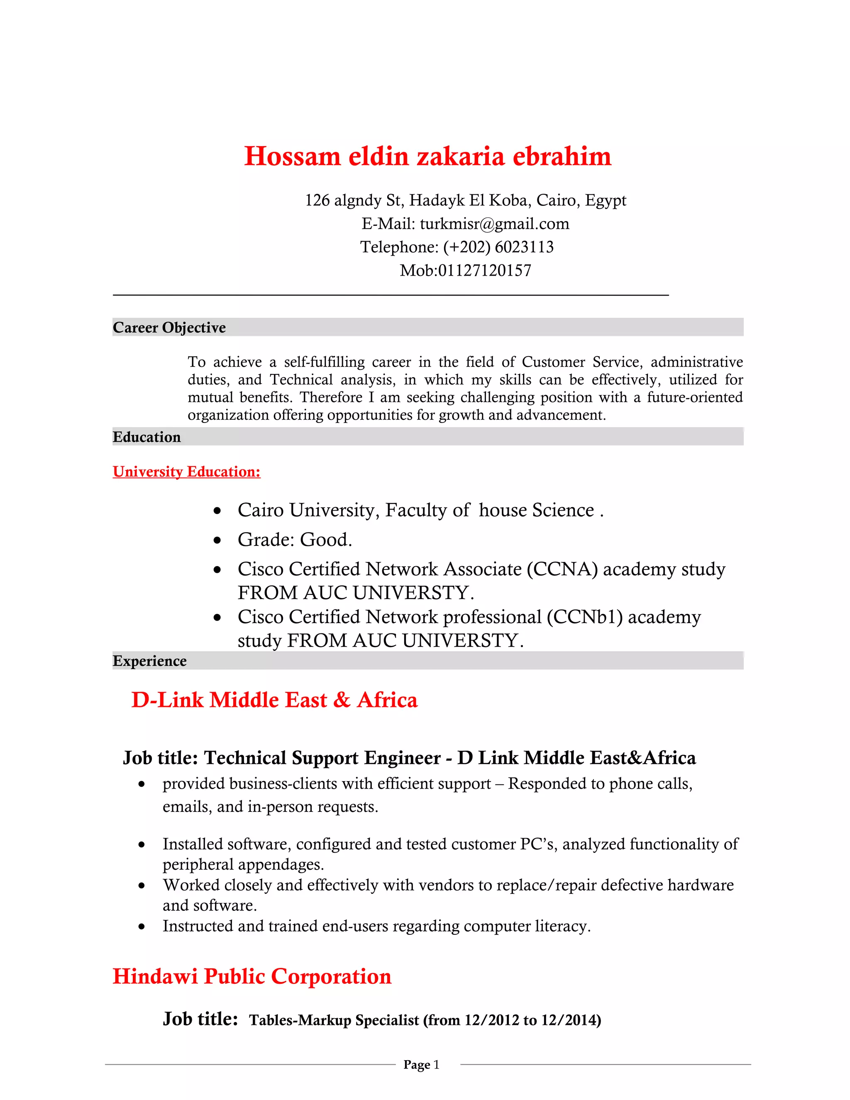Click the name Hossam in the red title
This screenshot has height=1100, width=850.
(x=292, y=156)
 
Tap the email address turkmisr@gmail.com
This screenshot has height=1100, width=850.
(x=494, y=224)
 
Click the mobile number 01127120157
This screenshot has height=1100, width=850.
(x=484, y=271)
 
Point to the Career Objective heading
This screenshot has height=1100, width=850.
(x=169, y=328)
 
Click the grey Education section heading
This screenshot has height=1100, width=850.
(x=147, y=437)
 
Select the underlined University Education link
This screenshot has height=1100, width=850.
(x=186, y=472)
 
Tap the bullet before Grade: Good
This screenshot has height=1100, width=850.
(x=217, y=540)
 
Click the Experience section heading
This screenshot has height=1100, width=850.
(x=149, y=661)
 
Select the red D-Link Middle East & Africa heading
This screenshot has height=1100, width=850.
(x=274, y=700)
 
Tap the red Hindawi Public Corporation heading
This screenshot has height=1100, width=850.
(x=252, y=976)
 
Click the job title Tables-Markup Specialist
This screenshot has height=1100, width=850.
(x=334, y=1020)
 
